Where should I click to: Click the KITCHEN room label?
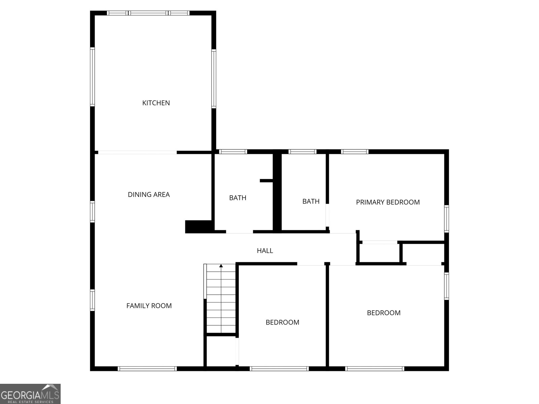pos(156,103)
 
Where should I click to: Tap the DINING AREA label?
pos(149,195)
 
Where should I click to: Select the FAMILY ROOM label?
pos(149,306)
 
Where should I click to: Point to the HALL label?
pos(265,250)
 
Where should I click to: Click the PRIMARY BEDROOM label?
pos(388,202)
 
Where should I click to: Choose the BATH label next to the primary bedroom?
pos(311,201)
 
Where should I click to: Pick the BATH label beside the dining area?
pos(237,198)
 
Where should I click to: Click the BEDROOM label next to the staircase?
pos(282,323)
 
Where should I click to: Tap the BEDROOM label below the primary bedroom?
pos(384,313)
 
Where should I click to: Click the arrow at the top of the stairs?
pos(221,266)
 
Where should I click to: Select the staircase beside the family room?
pos(221,300)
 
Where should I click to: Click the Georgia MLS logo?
pos(30,394)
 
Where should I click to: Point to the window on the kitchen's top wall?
pos(148,13)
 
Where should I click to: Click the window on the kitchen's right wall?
pos(214,79)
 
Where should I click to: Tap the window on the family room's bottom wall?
pos(147,369)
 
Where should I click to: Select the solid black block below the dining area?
pos(198,227)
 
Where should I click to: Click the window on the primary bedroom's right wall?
pos(446,219)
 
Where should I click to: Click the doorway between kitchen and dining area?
pos(137,153)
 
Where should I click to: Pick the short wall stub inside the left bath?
pos(266,181)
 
